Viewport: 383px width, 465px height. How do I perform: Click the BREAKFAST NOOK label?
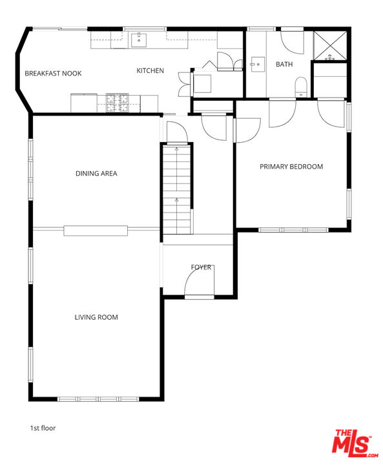tap(53, 74)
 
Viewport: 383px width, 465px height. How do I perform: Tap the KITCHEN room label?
tap(150, 70)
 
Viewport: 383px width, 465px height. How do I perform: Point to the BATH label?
tap(284, 65)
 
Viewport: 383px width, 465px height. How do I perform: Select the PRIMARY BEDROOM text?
tap(291, 167)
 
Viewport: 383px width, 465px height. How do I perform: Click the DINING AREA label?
tap(96, 173)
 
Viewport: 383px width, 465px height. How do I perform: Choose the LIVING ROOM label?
tap(96, 317)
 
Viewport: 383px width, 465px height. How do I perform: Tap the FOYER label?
tap(201, 267)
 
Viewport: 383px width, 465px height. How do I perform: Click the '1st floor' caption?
tap(43, 428)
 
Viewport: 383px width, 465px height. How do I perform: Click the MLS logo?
tap(353, 444)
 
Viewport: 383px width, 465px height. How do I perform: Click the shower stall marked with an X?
tap(330, 44)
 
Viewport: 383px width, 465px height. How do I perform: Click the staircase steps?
tap(176, 191)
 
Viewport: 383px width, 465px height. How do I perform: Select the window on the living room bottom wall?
tap(97, 398)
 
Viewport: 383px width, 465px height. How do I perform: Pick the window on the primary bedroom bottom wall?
tap(293, 229)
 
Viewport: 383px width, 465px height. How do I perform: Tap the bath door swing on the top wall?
tap(292, 41)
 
